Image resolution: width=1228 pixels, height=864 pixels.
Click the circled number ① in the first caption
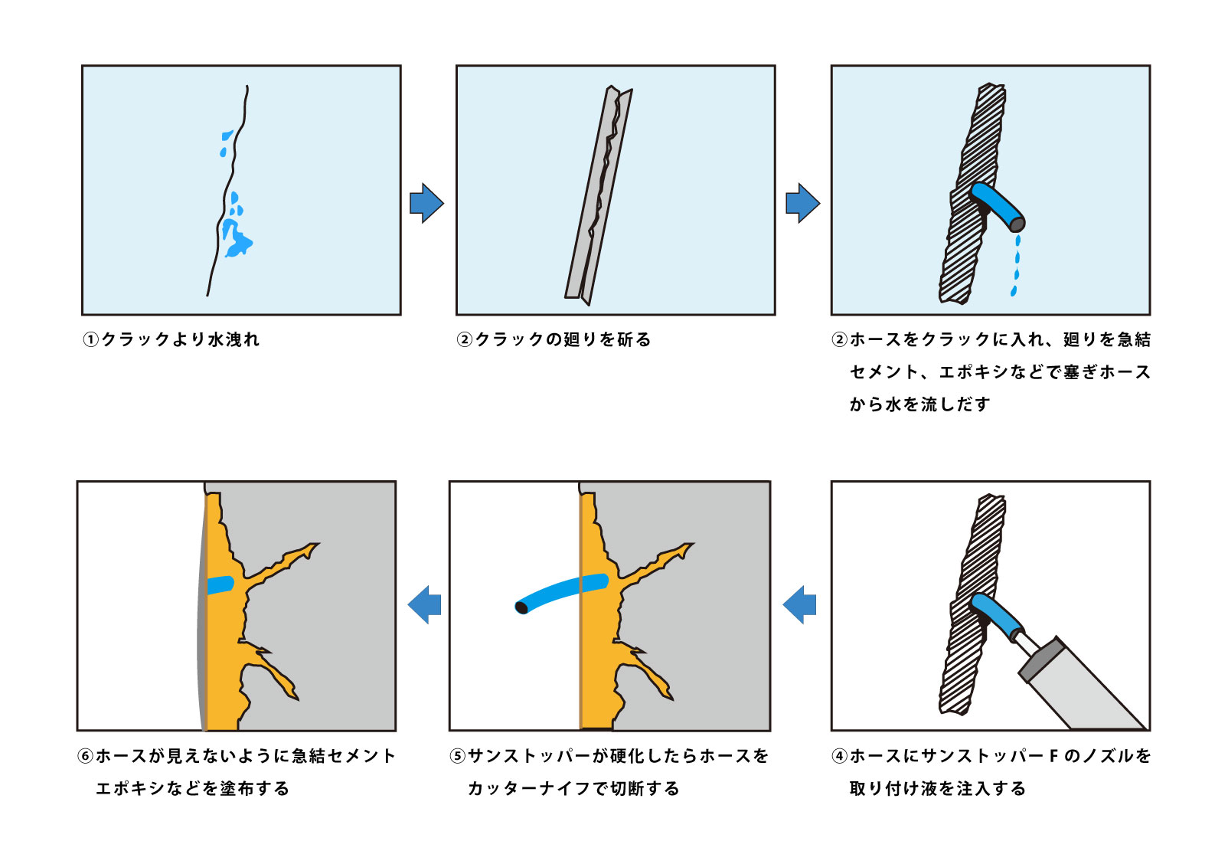click(91, 339)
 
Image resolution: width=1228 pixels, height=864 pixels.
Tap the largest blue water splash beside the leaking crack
click(237, 238)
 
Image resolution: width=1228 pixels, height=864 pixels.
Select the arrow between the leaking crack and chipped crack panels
click(426, 203)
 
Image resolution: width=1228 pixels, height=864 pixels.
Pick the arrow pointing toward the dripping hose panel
click(802, 203)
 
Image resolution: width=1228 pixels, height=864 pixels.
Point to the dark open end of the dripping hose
click(1017, 224)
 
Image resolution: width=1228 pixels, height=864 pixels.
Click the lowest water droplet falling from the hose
click(1014, 291)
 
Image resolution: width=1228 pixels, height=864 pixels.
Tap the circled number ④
click(840, 756)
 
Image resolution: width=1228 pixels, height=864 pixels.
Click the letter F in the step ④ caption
click(1053, 756)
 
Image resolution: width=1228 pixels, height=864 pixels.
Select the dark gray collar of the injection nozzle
click(1042, 661)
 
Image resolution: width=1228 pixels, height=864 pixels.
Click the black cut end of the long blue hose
click(521, 607)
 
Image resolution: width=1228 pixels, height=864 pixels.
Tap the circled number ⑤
click(458, 756)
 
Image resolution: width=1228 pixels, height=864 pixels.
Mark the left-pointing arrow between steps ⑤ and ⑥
click(425, 604)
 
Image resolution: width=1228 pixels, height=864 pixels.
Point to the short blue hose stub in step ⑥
click(220, 584)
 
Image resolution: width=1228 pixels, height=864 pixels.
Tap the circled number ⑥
click(86, 756)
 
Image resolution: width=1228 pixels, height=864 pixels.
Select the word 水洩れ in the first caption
click(234, 339)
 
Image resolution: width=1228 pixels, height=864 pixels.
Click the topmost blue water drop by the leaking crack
click(227, 136)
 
